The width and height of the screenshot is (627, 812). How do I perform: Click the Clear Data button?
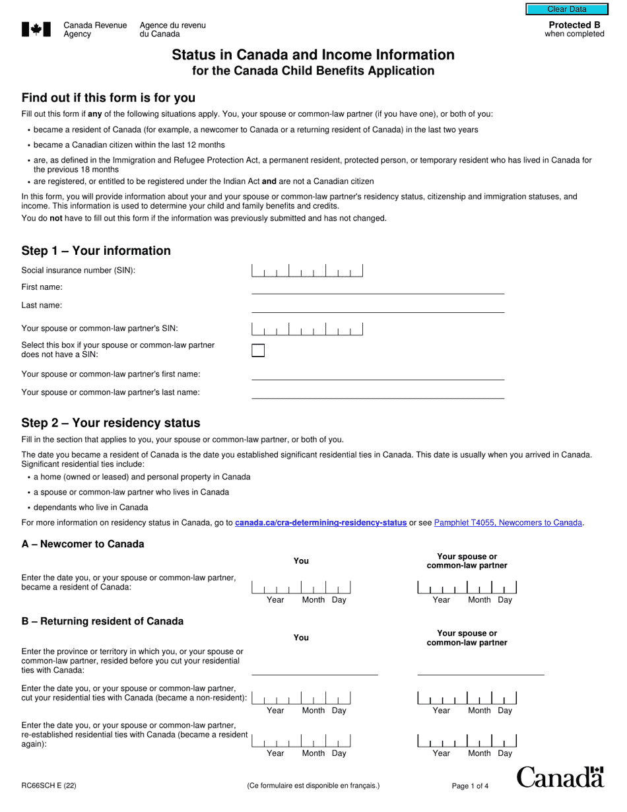[x=566, y=9]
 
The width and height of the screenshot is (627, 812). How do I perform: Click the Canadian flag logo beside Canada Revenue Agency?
[x=36, y=29]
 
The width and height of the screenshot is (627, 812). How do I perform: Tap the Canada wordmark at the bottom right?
[x=560, y=778]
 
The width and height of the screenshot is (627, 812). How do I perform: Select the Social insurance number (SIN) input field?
[x=307, y=271]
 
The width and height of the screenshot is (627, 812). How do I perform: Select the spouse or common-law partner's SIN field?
[x=307, y=329]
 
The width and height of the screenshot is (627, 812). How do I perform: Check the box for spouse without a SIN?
[x=258, y=351]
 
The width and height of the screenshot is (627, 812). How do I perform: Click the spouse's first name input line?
[x=378, y=374]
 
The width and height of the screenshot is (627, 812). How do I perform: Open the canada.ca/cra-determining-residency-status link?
[x=320, y=523]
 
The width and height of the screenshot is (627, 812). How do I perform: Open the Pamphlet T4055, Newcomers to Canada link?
[x=508, y=523]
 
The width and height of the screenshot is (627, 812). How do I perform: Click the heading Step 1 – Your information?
[x=96, y=251]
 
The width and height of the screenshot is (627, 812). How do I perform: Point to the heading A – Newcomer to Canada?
[x=83, y=544]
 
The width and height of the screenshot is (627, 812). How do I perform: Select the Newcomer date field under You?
[x=301, y=588]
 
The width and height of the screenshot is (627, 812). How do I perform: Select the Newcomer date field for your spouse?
[x=467, y=588]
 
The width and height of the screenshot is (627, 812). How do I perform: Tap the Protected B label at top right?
[x=574, y=25]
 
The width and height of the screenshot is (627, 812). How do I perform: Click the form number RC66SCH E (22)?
[x=49, y=786]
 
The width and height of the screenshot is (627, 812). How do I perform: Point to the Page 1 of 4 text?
[x=470, y=786]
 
